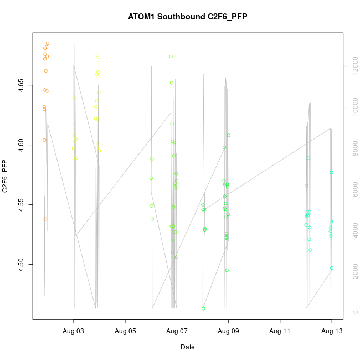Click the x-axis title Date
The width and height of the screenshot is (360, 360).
tap(187, 347)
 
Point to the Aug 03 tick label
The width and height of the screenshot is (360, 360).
tap(74, 331)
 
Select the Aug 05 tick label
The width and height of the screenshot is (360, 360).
tap(125, 331)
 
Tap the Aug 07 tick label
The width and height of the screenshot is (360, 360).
tap(177, 331)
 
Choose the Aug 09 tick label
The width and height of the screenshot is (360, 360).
tap(228, 331)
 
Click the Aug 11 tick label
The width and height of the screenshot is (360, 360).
tap(280, 331)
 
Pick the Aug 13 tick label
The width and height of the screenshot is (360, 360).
tap(331, 331)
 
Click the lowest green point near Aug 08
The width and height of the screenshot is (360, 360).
tap(203, 308)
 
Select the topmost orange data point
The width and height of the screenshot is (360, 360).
tap(48, 43)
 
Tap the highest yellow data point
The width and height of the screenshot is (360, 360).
tap(97, 55)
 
